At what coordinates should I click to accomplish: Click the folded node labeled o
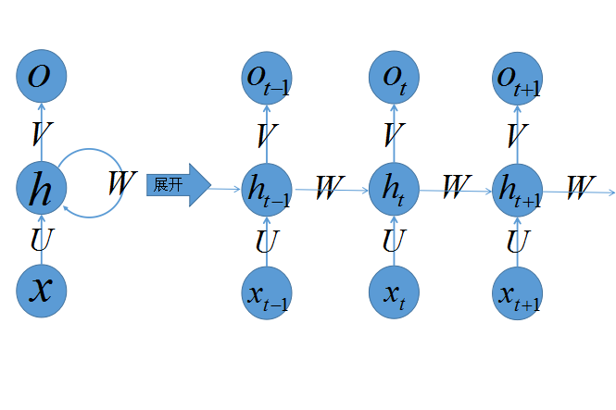(42, 76)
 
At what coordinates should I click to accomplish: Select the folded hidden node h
(42, 188)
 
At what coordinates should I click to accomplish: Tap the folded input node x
(42, 291)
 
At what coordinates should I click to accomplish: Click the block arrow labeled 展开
(179, 185)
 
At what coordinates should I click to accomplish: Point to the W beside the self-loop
(122, 182)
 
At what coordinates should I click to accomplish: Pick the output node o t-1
(267, 78)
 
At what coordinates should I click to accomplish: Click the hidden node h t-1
(267, 190)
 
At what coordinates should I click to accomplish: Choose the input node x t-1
(267, 293)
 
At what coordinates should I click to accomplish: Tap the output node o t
(394, 78)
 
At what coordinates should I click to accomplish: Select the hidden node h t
(394, 189)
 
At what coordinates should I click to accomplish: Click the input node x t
(394, 292)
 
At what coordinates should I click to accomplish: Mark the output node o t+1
(518, 79)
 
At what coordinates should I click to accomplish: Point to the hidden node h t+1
(518, 191)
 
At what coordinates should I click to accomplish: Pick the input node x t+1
(518, 293)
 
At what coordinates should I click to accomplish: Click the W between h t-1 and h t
(330, 188)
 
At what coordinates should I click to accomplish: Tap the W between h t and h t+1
(457, 186)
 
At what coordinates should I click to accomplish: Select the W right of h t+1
(582, 188)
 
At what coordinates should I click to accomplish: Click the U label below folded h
(42, 240)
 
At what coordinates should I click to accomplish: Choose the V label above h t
(394, 134)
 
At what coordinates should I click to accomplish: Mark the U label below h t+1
(519, 242)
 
